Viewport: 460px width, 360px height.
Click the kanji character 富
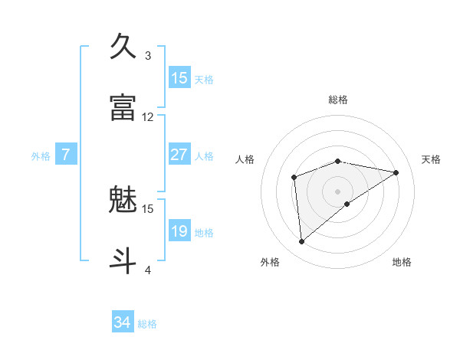[123, 107]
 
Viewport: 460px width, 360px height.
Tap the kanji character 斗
[123, 259]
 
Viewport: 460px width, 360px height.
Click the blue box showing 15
[179, 78]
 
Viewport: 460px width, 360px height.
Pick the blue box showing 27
[179, 155]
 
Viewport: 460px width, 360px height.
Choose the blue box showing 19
[179, 231]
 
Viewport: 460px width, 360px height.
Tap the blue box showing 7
[66, 155]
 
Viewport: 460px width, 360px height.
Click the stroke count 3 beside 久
[148, 55]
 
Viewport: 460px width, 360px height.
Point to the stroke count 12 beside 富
[148, 117]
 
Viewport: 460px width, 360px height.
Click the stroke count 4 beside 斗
[148, 269]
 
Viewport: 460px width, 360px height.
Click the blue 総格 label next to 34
[147, 324]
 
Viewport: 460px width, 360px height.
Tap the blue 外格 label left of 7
[41, 156]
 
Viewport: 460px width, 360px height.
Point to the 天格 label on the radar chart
[432, 159]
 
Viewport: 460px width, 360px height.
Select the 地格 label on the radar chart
[402, 262]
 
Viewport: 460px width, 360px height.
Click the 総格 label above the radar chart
[338, 100]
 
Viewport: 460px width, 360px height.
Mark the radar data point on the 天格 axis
[396, 172]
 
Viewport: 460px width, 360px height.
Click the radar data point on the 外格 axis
[302, 242]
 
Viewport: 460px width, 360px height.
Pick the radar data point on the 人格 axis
[294, 178]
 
